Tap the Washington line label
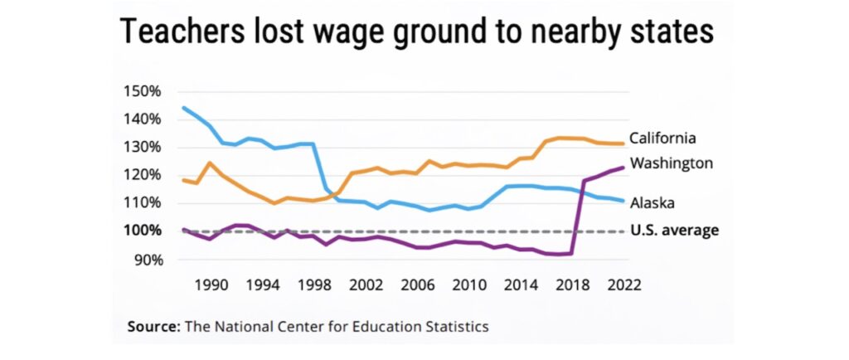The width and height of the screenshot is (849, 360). coord(671,163)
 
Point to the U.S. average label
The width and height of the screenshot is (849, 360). coord(674,230)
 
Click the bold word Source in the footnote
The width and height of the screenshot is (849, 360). coord(153,326)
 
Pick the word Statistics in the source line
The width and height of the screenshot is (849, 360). coord(457,326)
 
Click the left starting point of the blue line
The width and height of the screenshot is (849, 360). coord(183,108)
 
